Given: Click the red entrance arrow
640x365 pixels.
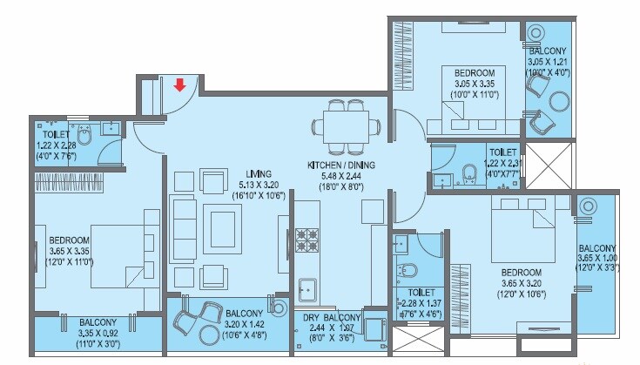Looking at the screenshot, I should [x=179, y=84].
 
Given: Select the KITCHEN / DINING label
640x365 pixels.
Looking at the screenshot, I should [x=342, y=164].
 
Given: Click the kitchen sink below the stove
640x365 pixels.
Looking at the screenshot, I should [x=307, y=287].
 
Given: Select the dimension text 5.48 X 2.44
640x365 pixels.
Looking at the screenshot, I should [x=342, y=175].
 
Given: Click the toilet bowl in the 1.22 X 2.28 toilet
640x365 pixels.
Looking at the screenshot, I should [x=84, y=134].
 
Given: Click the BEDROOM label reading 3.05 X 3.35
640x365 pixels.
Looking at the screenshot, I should [x=474, y=72].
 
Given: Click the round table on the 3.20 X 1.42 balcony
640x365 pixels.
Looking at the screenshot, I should [x=209, y=336].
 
